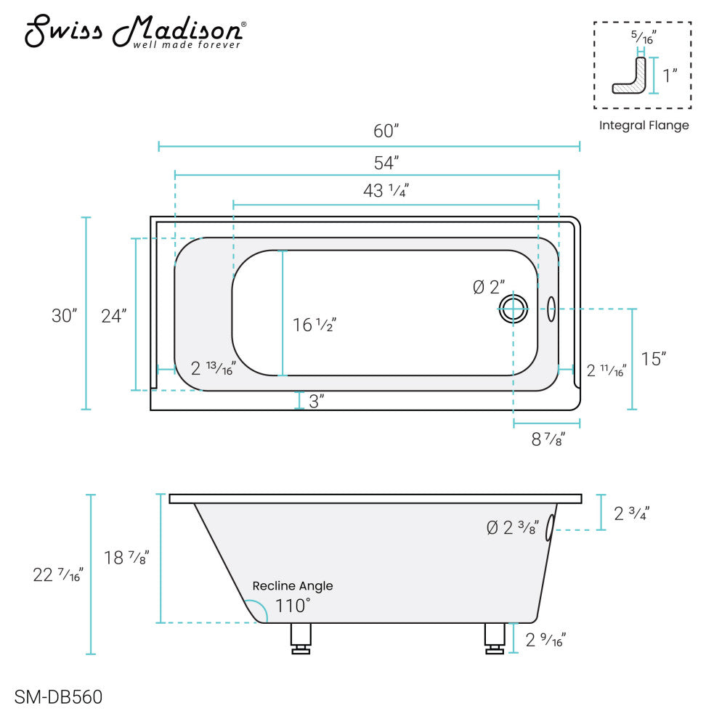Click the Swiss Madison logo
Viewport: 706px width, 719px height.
[x=135, y=31]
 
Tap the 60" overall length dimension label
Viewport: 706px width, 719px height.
[x=386, y=131]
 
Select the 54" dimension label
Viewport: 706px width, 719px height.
[x=386, y=163]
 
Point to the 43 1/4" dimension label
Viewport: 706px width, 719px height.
[x=386, y=190]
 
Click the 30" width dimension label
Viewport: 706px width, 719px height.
[x=64, y=315]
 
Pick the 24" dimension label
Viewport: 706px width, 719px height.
[x=114, y=316]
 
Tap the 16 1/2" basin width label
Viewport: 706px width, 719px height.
[x=315, y=325]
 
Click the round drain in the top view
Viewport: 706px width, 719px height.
[x=514, y=309]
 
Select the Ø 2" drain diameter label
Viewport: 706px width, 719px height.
[x=489, y=287]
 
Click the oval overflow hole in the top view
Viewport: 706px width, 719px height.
[x=551, y=309]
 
